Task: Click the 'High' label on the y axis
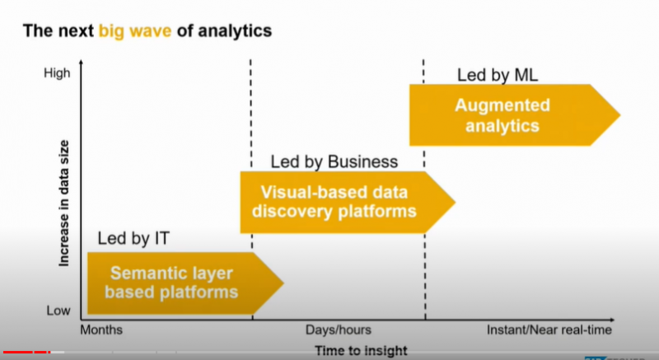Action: pyautogui.click(x=57, y=73)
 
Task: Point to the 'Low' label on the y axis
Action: pyautogui.click(x=58, y=311)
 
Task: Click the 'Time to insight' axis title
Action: pyautogui.click(x=361, y=351)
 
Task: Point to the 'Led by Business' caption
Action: pyautogui.click(x=334, y=161)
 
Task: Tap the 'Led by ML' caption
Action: pyautogui.click(x=497, y=77)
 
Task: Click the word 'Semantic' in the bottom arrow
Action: pyautogui.click(x=147, y=274)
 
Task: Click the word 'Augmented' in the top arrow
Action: pyautogui.click(x=502, y=106)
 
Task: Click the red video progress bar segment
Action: pyautogui.click(x=25, y=353)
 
